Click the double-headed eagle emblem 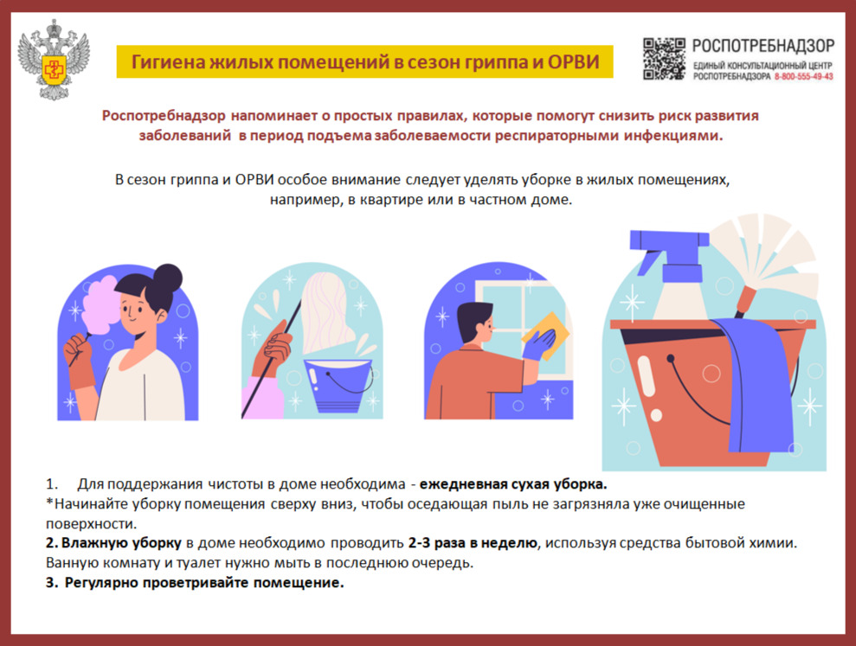54,60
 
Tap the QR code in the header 663,59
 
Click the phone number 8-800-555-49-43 803,77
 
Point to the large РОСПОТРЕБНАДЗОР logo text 763,46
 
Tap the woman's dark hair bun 168,278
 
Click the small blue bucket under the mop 338,385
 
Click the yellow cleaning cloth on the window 546,334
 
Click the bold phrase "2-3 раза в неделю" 473,543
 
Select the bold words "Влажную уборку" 121,543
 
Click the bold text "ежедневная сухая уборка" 512,484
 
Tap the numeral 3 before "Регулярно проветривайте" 49,583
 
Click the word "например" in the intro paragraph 305,201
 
